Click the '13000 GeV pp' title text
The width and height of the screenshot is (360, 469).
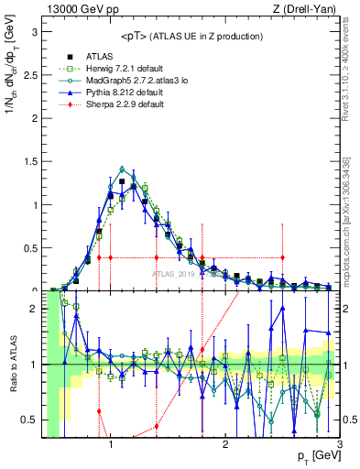[x=78, y=9]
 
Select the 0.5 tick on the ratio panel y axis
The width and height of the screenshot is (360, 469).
[x=32, y=420]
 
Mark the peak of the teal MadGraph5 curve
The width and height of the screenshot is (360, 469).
[x=122, y=169]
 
